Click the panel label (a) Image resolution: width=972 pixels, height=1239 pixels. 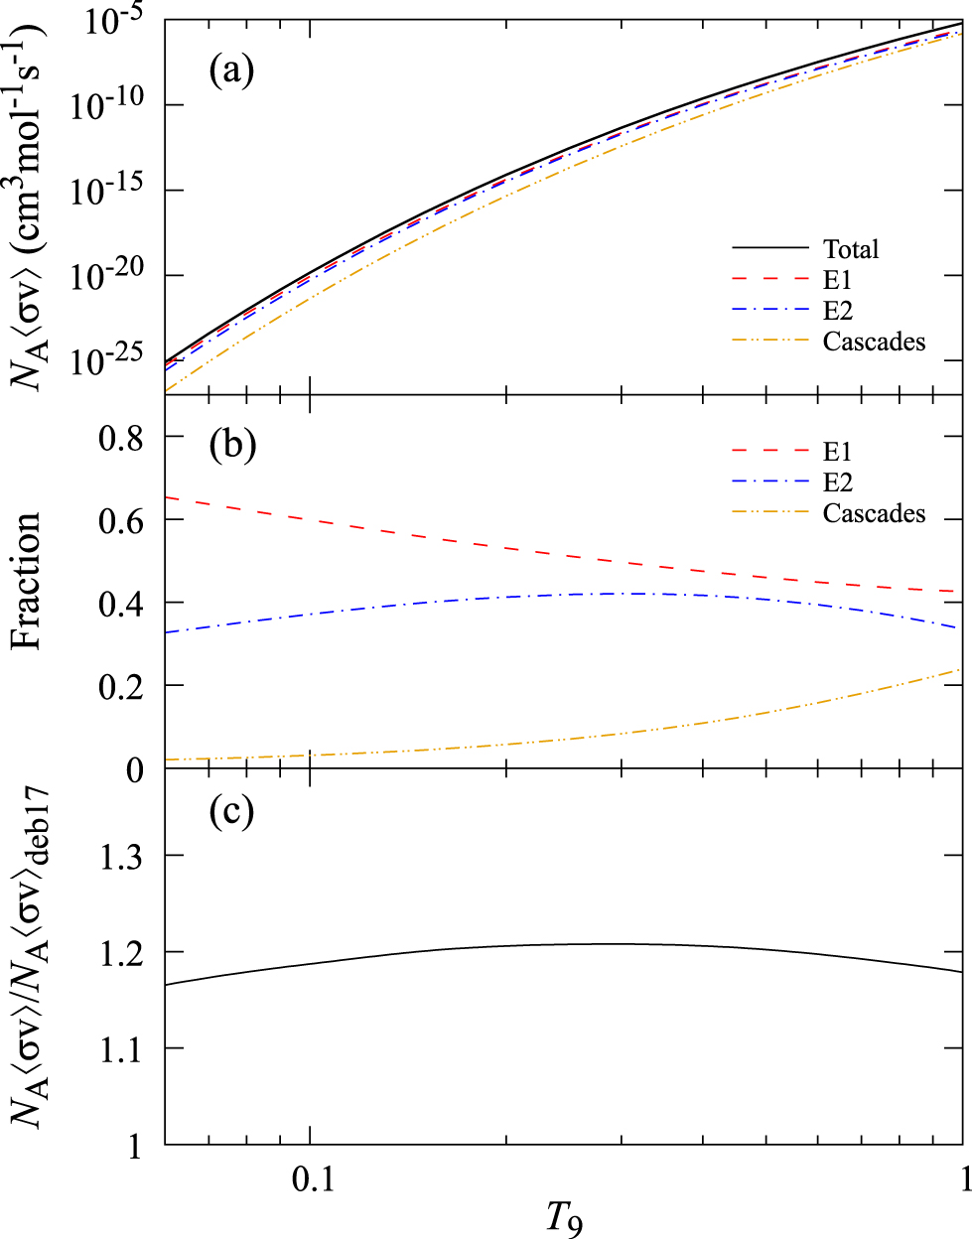pos(231,70)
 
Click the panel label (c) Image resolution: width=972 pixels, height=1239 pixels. pos(232,811)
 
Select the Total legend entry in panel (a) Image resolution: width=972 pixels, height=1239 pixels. pos(851,248)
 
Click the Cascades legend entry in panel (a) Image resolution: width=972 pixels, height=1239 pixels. pos(874,342)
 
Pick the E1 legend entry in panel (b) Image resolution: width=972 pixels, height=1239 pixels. pos(837,452)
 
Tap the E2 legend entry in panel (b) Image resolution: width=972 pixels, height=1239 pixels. pos(838,482)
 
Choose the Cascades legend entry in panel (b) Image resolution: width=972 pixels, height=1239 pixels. pos(874,513)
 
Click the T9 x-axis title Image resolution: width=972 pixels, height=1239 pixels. pos(563,1217)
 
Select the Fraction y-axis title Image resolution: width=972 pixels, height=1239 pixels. pos(28,581)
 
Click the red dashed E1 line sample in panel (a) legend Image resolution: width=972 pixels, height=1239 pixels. pos(770,280)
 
